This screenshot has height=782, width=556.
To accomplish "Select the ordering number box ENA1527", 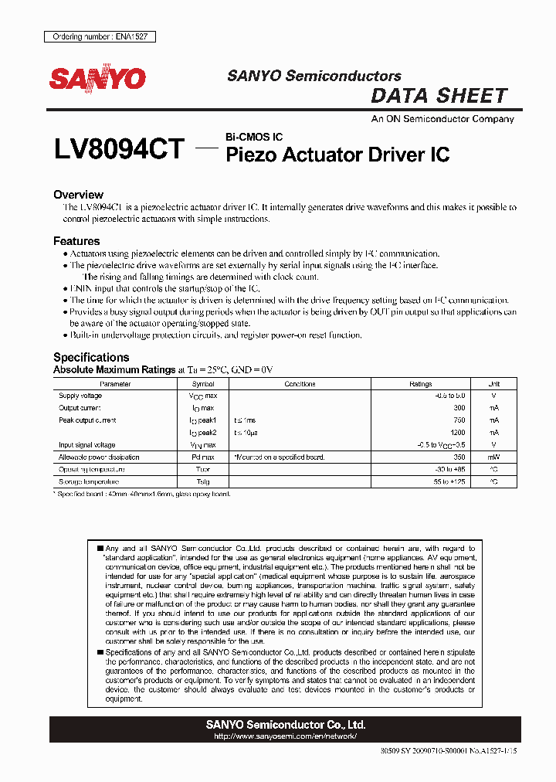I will tap(100, 37).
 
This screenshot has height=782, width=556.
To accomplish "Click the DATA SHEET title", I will tap(439, 96).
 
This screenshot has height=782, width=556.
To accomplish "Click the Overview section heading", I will tap(78, 195).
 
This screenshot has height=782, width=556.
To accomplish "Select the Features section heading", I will tap(76, 241).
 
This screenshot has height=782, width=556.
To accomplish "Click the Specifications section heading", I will tap(91, 357).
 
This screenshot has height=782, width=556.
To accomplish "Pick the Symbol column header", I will tap(203, 383).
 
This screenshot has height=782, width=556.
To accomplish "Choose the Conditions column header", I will tap(300, 383).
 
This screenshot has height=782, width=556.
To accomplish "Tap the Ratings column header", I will tap(421, 383).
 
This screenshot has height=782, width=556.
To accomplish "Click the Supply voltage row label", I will tap(80, 396).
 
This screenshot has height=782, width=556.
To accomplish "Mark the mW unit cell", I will tap(493, 457).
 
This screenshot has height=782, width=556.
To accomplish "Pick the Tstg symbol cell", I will tap(203, 481).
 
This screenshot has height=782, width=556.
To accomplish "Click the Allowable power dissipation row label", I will tap(100, 457).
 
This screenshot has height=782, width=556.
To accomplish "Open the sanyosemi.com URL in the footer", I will tap(285, 736).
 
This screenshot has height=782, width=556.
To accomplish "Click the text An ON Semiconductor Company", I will tap(442, 119).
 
